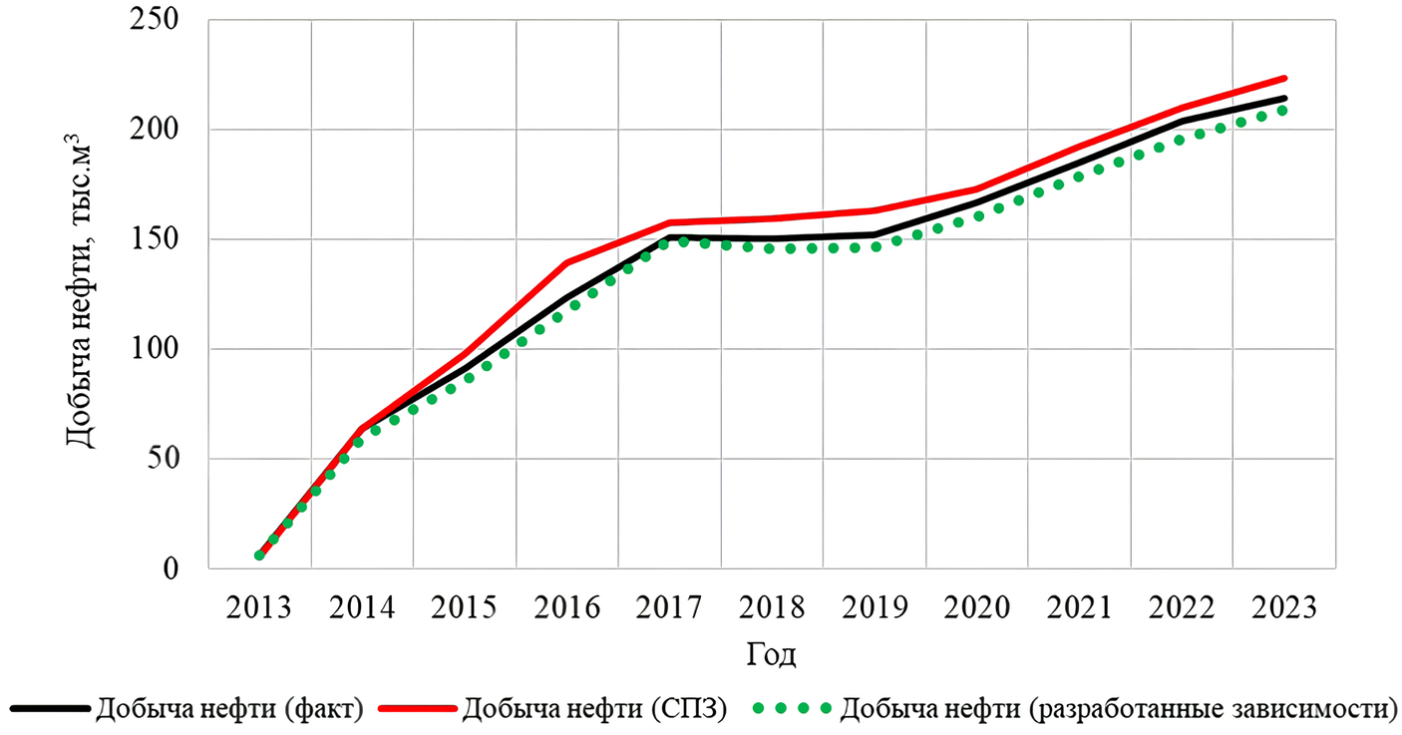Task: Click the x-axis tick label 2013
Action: (259, 607)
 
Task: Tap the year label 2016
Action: (566, 607)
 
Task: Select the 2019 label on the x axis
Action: (875, 607)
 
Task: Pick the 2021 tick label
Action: (1078, 607)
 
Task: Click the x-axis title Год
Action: (771, 655)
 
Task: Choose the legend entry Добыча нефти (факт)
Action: (228, 709)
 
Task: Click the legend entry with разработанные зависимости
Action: (1116, 709)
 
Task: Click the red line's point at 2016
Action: (566, 263)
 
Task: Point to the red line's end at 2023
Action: (1283, 78)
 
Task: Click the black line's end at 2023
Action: (1283, 98)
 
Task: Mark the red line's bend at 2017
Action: (669, 222)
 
